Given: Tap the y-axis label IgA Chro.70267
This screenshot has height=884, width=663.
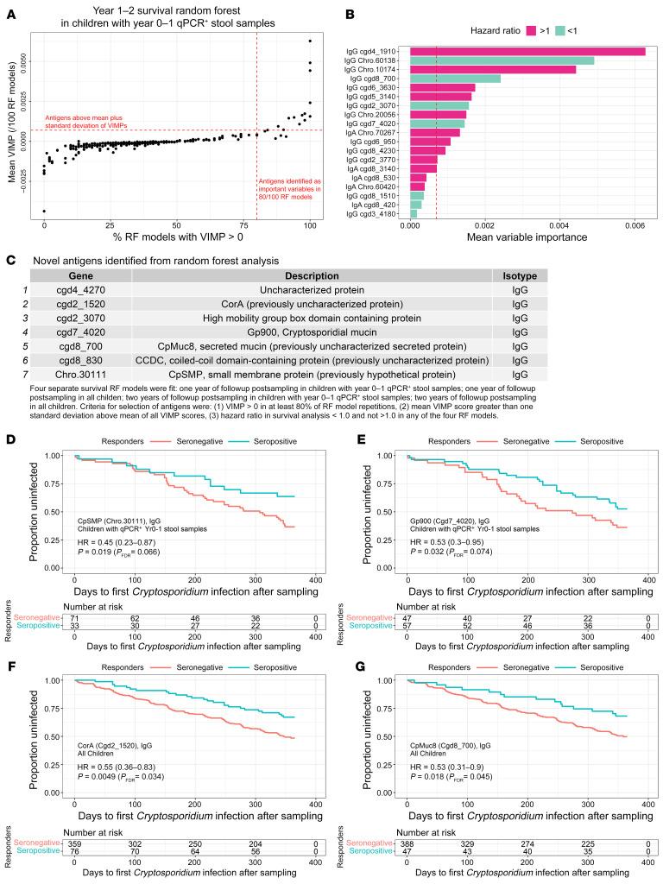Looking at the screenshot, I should [377, 132].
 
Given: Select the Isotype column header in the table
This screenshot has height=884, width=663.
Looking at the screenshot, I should [519, 275].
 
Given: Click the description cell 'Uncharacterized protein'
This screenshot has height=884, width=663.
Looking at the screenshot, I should [311, 290].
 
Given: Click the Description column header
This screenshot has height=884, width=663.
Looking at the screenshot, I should [311, 275].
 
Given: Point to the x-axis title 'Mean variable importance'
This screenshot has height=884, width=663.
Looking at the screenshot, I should [527, 235].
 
